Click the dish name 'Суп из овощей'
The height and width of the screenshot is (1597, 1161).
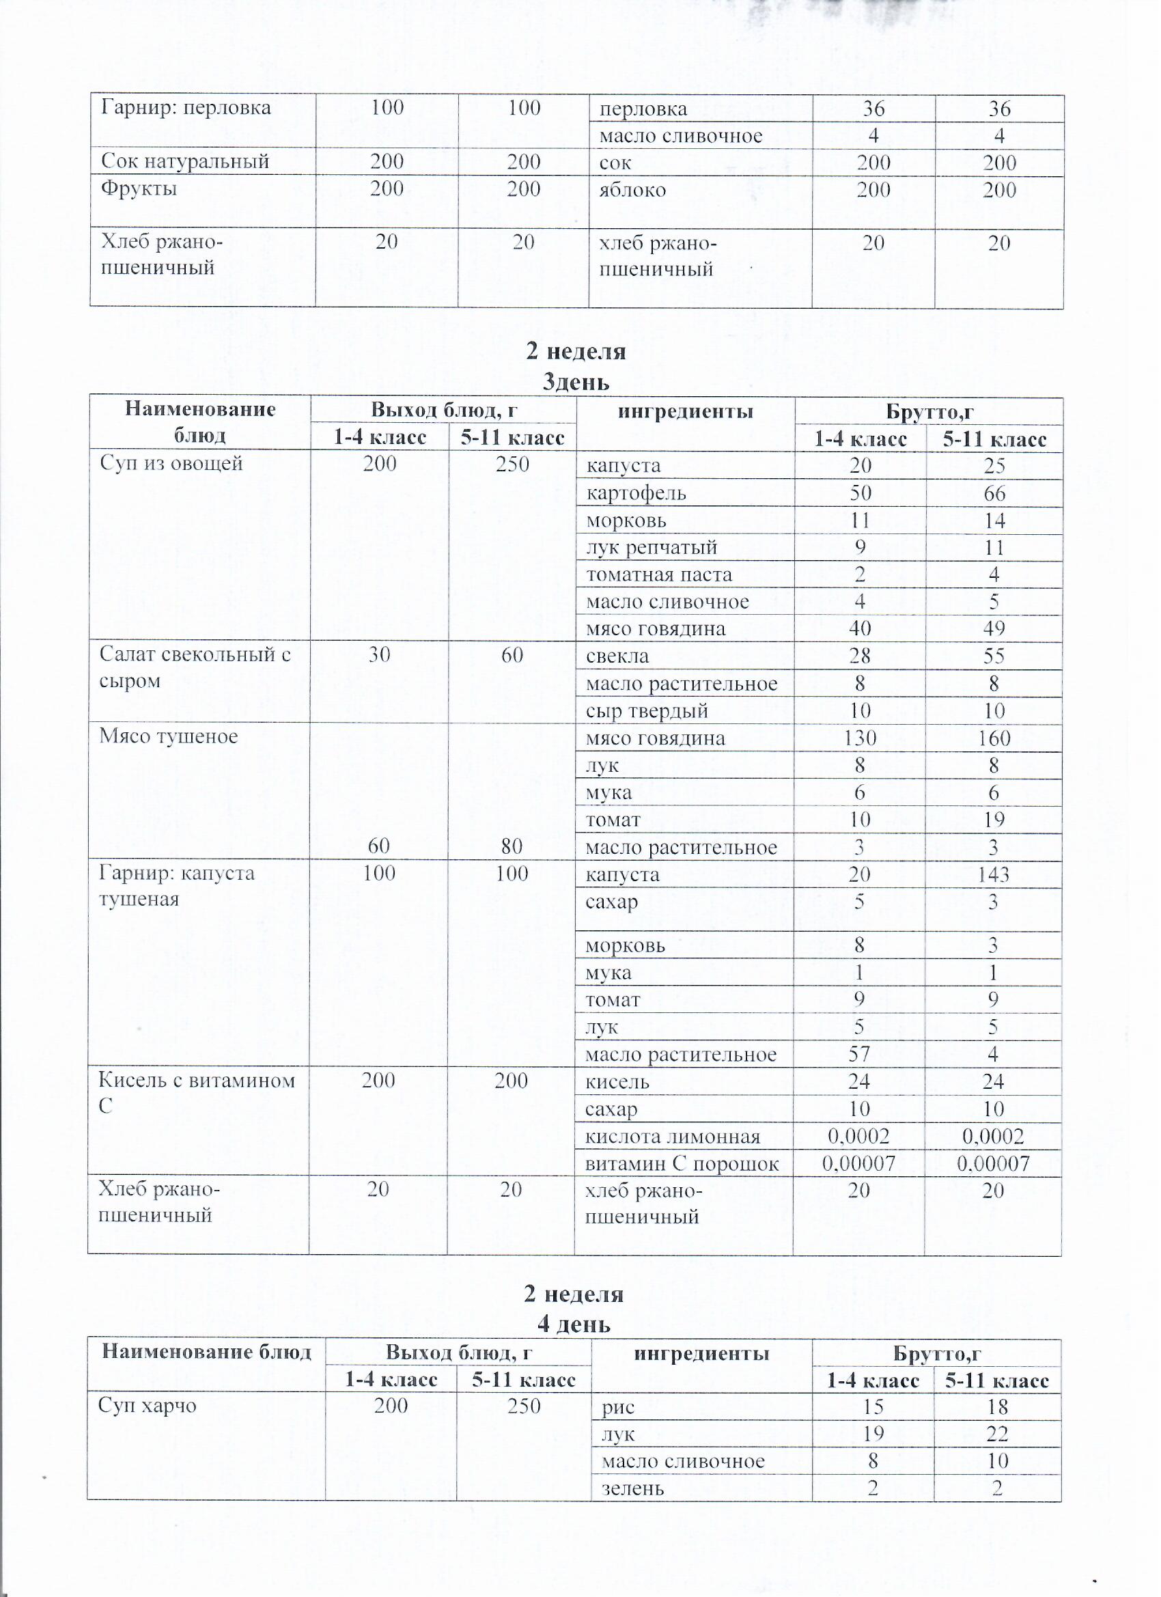pyautogui.click(x=171, y=463)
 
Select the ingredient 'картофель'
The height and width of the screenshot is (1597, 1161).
pyautogui.click(x=636, y=493)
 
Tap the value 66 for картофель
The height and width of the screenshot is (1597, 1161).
pyautogui.click(x=994, y=494)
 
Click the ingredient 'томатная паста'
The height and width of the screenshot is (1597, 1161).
pyautogui.click(x=659, y=574)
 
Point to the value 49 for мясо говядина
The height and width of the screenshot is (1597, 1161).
pyautogui.click(x=994, y=628)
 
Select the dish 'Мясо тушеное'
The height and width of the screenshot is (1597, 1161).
pyautogui.click(x=169, y=736)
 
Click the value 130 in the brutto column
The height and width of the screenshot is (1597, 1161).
pyautogui.click(x=860, y=738)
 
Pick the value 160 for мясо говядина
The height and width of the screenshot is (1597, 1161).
pyautogui.click(x=994, y=738)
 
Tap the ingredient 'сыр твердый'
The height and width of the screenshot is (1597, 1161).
pyautogui.click(x=646, y=711)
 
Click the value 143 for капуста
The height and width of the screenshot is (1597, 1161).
pyautogui.click(x=994, y=874)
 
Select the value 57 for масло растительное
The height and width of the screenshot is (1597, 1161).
pyautogui.click(x=859, y=1054)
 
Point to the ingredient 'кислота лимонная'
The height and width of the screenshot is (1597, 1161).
pyautogui.click(x=673, y=1137)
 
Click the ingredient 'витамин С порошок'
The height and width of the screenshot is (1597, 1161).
pyautogui.click(x=682, y=1164)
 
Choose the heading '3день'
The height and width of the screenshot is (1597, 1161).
pyautogui.click(x=575, y=383)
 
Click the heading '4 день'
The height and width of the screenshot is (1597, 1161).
pyautogui.click(x=574, y=1324)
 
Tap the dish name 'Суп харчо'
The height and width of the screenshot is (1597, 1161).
pyautogui.click(x=147, y=1406)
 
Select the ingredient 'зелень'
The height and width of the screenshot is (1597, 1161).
pyautogui.click(x=632, y=1488)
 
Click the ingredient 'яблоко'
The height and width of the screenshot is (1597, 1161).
pyautogui.click(x=632, y=190)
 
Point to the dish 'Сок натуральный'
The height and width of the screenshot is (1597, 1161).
pyautogui.click(x=185, y=161)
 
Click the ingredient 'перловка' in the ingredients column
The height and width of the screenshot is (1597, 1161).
pyautogui.click(x=643, y=109)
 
